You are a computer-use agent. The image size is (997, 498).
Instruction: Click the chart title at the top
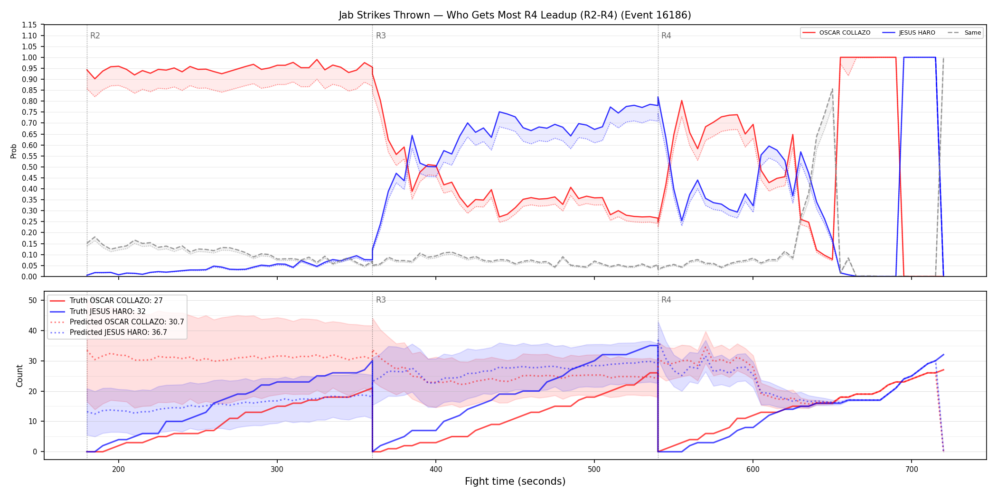tap(515, 15)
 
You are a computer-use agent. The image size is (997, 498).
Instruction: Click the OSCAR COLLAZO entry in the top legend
tap(836, 33)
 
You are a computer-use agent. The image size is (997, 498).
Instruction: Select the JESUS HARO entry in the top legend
tap(909, 33)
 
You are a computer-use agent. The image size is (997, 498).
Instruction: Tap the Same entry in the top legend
tap(964, 33)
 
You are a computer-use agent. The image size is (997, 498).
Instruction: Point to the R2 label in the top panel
tap(95, 36)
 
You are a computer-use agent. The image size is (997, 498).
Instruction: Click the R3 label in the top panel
tap(381, 36)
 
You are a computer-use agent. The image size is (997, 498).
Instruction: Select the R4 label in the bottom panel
tap(666, 300)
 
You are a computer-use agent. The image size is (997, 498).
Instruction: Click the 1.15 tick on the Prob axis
tap(29, 25)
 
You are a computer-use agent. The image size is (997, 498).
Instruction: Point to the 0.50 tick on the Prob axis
tap(29, 167)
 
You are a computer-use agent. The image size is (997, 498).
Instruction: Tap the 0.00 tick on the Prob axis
tap(29, 277)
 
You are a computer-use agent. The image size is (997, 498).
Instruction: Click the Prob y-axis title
tap(13, 151)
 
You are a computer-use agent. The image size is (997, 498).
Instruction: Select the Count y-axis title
tap(19, 376)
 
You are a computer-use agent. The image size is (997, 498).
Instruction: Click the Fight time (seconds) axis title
tap(515, 481)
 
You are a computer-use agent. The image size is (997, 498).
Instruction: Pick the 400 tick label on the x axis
tap(436, 470)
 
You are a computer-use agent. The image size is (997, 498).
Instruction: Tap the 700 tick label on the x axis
tap(912, 470)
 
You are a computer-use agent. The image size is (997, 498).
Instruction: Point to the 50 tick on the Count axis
tap(33, 300)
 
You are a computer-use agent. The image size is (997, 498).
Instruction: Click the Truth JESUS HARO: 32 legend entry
tap(97, 311)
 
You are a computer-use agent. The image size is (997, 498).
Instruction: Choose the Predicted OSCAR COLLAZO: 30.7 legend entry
tap(117, 322)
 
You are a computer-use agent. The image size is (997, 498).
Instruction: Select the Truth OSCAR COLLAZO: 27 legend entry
tap(106, 301)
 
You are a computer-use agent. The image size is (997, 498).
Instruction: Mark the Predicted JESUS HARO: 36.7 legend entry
tap(108, 332)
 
